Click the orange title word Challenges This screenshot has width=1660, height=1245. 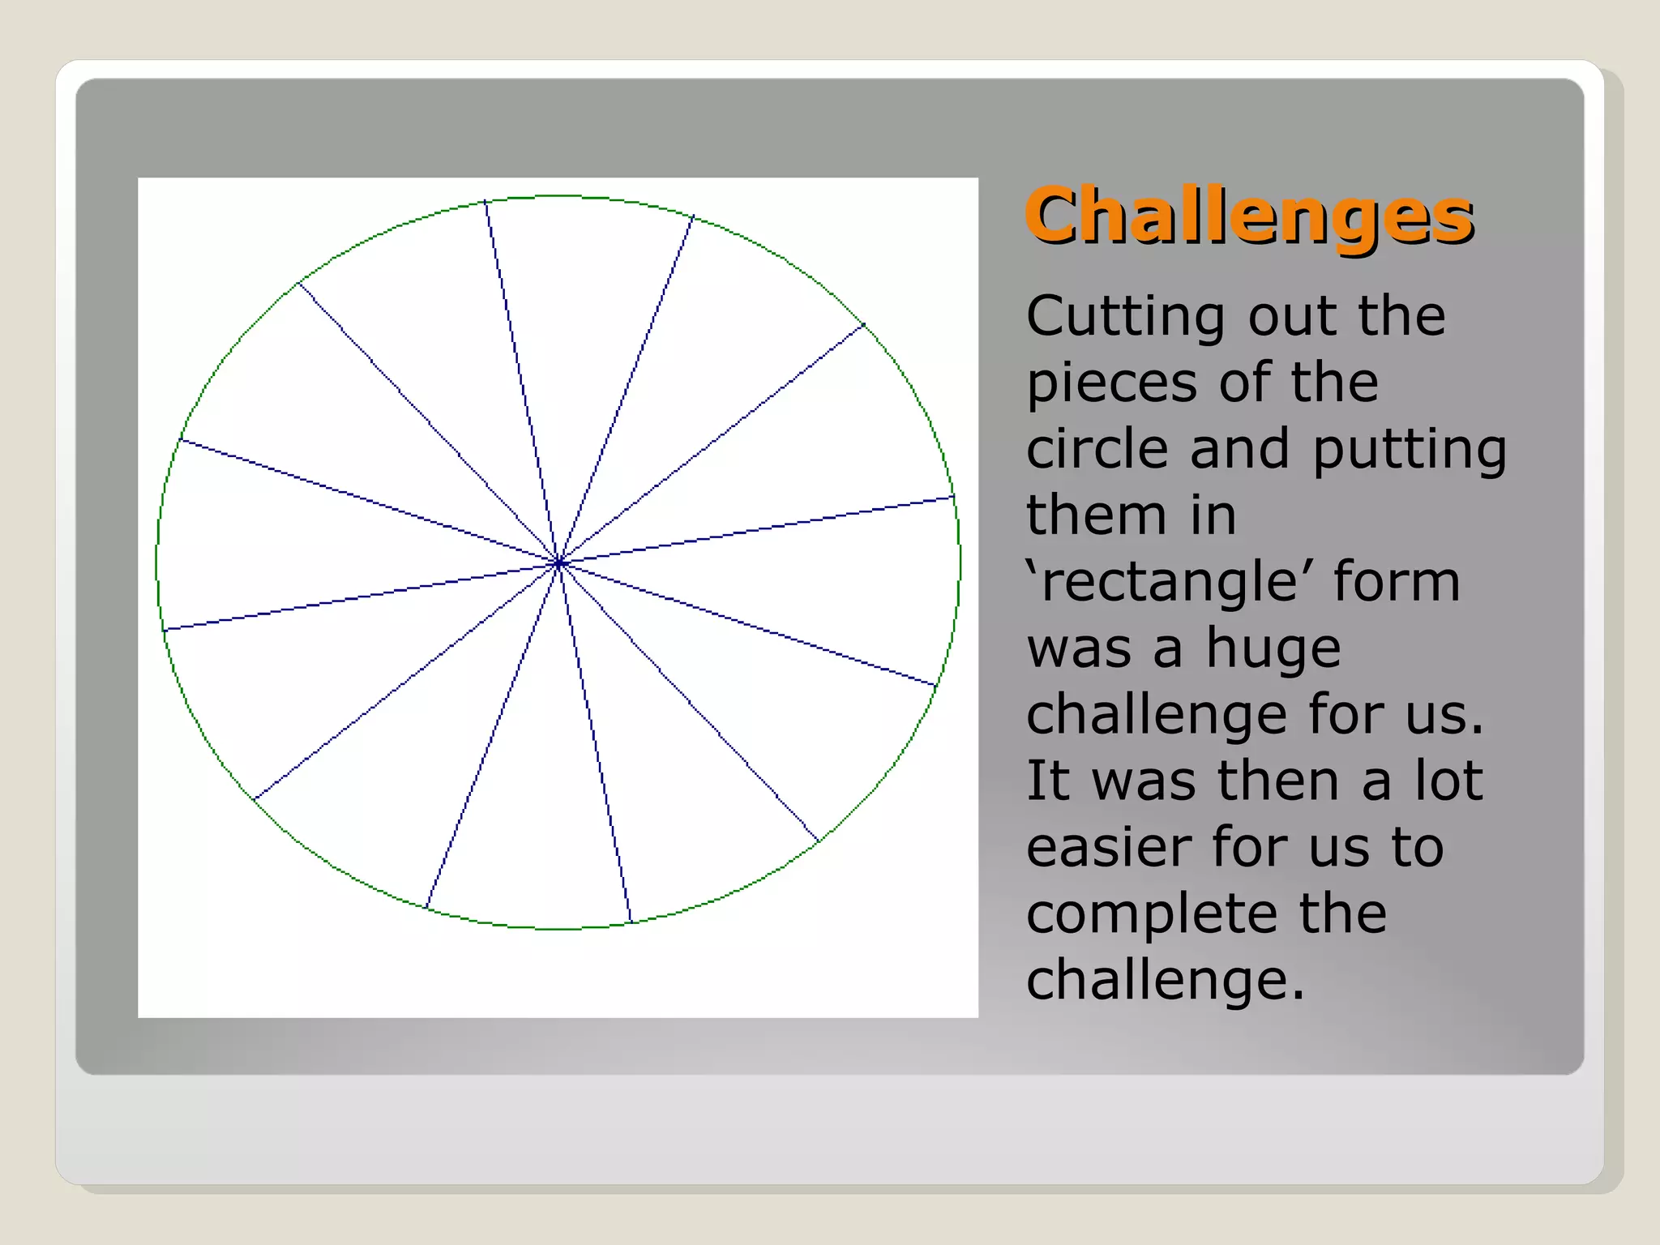(x=1248, y=216)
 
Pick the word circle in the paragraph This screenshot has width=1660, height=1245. (x=1097, y=449)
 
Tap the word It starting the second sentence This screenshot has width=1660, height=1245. (x=1047, y=781)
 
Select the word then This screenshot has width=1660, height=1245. (x=1279, y=781)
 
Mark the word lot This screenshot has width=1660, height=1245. (x=1449, y=781)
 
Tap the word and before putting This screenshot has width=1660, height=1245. (x=1239, y=449)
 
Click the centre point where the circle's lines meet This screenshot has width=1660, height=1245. (x=558, y=563)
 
